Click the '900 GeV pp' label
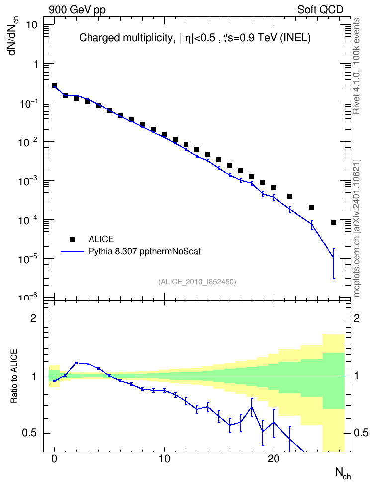click(x=77, y=10)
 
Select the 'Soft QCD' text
click(x=320, y=10)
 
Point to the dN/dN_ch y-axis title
click(x=13, y=35)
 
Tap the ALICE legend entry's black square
click(x=72, y=239)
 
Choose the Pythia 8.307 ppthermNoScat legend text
click(x=145, y=252)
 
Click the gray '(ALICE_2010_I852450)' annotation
click(x=197, y=282)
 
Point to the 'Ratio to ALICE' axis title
click(x=14, y=376)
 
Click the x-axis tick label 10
click(x=164, y=459)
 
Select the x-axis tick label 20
click(x=274, y=459)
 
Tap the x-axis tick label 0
click(x=54, y=459)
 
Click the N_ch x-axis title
click(x=343, y=473)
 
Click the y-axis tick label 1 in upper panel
click(x=36, y=64)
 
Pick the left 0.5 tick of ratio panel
click(x=29, y=433)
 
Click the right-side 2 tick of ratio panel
click(x=357, y=318)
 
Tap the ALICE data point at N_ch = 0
click(x=54, y=85)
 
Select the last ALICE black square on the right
click(x=334, y=222)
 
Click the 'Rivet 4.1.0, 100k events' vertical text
click(x=356, y=66)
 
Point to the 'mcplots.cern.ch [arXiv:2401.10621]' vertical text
click(x=356, y=228)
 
